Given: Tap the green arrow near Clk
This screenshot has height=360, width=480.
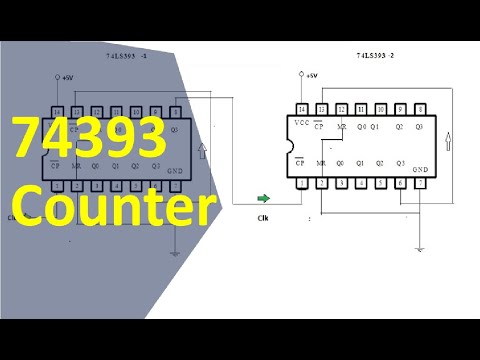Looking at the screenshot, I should coord(263,199).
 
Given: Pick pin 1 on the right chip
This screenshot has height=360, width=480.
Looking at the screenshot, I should coord(302,184).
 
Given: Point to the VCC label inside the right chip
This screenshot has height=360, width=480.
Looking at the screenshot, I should coord(302,123).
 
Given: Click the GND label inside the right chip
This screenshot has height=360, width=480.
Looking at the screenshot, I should coord(420,169).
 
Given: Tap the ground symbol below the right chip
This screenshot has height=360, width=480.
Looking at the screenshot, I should coord(421,249).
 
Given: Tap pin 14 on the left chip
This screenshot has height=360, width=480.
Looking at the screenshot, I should coord(58,111).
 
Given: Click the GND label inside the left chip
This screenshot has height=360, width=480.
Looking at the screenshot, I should coord(174,172).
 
